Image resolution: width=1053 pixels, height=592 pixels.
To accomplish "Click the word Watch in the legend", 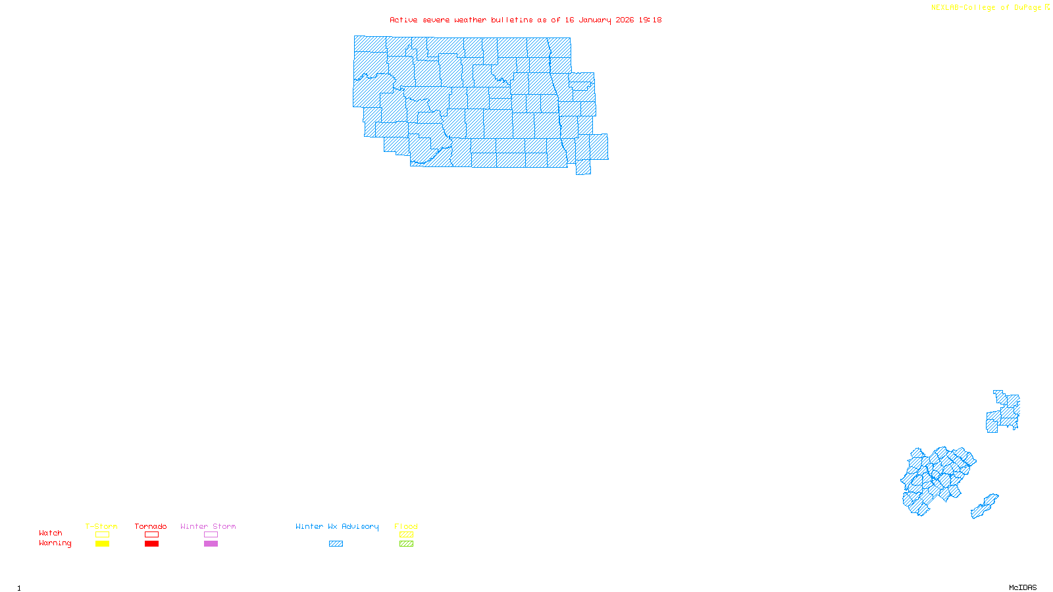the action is click(51, 533).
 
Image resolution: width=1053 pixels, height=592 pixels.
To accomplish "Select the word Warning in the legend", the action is click(55, 543).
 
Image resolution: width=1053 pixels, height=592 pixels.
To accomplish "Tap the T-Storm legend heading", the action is click(101, 526).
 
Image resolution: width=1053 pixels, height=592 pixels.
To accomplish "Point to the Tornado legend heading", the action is click(151, 526).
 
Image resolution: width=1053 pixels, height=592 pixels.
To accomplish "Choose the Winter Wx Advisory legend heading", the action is click(337, 526).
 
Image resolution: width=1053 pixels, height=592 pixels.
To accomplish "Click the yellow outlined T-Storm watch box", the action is click(102, 535).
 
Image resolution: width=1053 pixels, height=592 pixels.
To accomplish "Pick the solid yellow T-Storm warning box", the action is click(102, 544).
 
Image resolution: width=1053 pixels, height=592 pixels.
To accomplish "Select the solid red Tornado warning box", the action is click(152, 544).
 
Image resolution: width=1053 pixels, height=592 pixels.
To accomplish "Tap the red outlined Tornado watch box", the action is click(152, 535).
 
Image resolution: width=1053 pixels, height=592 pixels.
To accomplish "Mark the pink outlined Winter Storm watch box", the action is click(211, 535).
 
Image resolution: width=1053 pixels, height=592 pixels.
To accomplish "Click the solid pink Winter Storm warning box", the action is click(211, 544).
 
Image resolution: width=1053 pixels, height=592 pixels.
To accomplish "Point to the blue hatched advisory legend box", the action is click(336, 544).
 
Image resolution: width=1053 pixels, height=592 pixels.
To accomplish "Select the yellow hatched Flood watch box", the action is click(407, 535).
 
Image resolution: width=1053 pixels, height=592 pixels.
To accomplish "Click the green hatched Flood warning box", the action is click(407, 544).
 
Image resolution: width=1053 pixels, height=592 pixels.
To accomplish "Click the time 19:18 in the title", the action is click(650, 20).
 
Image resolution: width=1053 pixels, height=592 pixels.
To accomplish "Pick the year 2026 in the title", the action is click(625, 20).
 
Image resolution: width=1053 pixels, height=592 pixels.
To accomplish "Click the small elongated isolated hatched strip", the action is click(985, 506).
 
